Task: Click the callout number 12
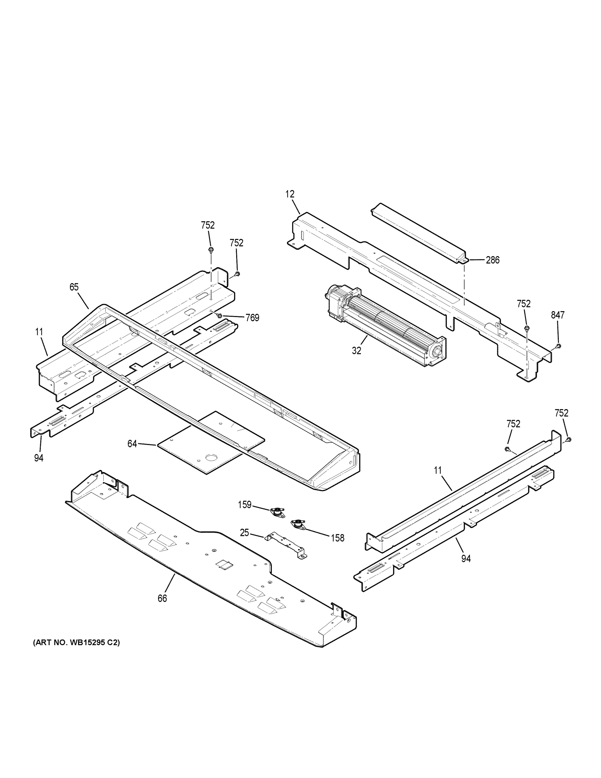[x=290, y=194]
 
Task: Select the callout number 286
[x=492, y=260]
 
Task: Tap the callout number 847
[x=558, y=315]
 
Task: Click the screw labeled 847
[x=558, y=346]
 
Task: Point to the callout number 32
[x=356, y=350]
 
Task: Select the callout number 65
[x=74, y=287]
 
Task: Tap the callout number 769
[x=252, y=318]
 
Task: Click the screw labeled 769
[x=220, y=315]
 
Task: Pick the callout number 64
[x=132, y=444]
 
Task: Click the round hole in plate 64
[x=212, y=457]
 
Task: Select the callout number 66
[x=162, y=598]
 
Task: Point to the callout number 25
[x=244, y=533]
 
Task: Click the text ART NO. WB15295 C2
[x=76, y=643]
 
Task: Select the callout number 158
[x=338, y=538]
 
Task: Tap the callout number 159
[x=245, y=505]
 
